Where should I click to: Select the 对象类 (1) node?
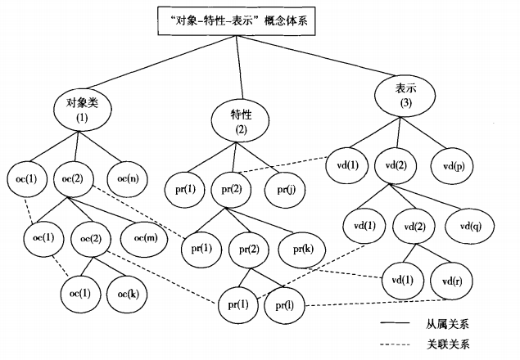(82, 110)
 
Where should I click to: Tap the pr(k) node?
(297, 245)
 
